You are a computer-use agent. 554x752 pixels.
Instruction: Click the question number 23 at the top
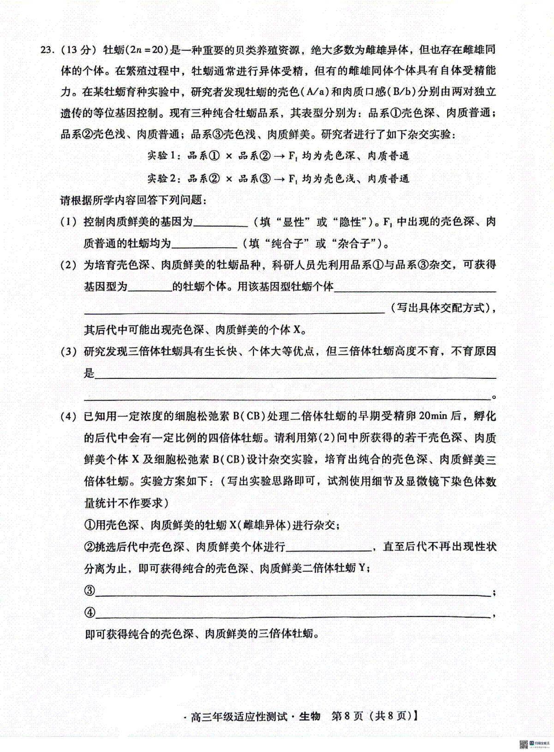point(47,49)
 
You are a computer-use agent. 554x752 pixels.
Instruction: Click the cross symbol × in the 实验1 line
point(229,156)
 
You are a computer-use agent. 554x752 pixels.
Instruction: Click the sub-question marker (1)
point(68,222)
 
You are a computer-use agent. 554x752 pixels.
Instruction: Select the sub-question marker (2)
point(68,265)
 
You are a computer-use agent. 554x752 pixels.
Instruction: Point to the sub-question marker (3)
point(68,352)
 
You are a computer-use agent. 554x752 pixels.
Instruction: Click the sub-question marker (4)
point(68,417)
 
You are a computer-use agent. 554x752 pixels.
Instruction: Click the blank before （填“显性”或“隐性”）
point(221,223)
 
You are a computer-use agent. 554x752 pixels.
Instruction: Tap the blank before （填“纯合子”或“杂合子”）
point(204,244)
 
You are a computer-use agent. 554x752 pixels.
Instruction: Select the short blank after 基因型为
point(150,287)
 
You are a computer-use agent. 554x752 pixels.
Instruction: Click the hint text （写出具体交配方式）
point(440,308)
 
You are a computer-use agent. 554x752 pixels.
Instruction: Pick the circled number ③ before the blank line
point(90,591)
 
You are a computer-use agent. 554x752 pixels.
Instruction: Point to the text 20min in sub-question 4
point(434,416)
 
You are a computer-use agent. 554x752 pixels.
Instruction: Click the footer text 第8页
point(348,716)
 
